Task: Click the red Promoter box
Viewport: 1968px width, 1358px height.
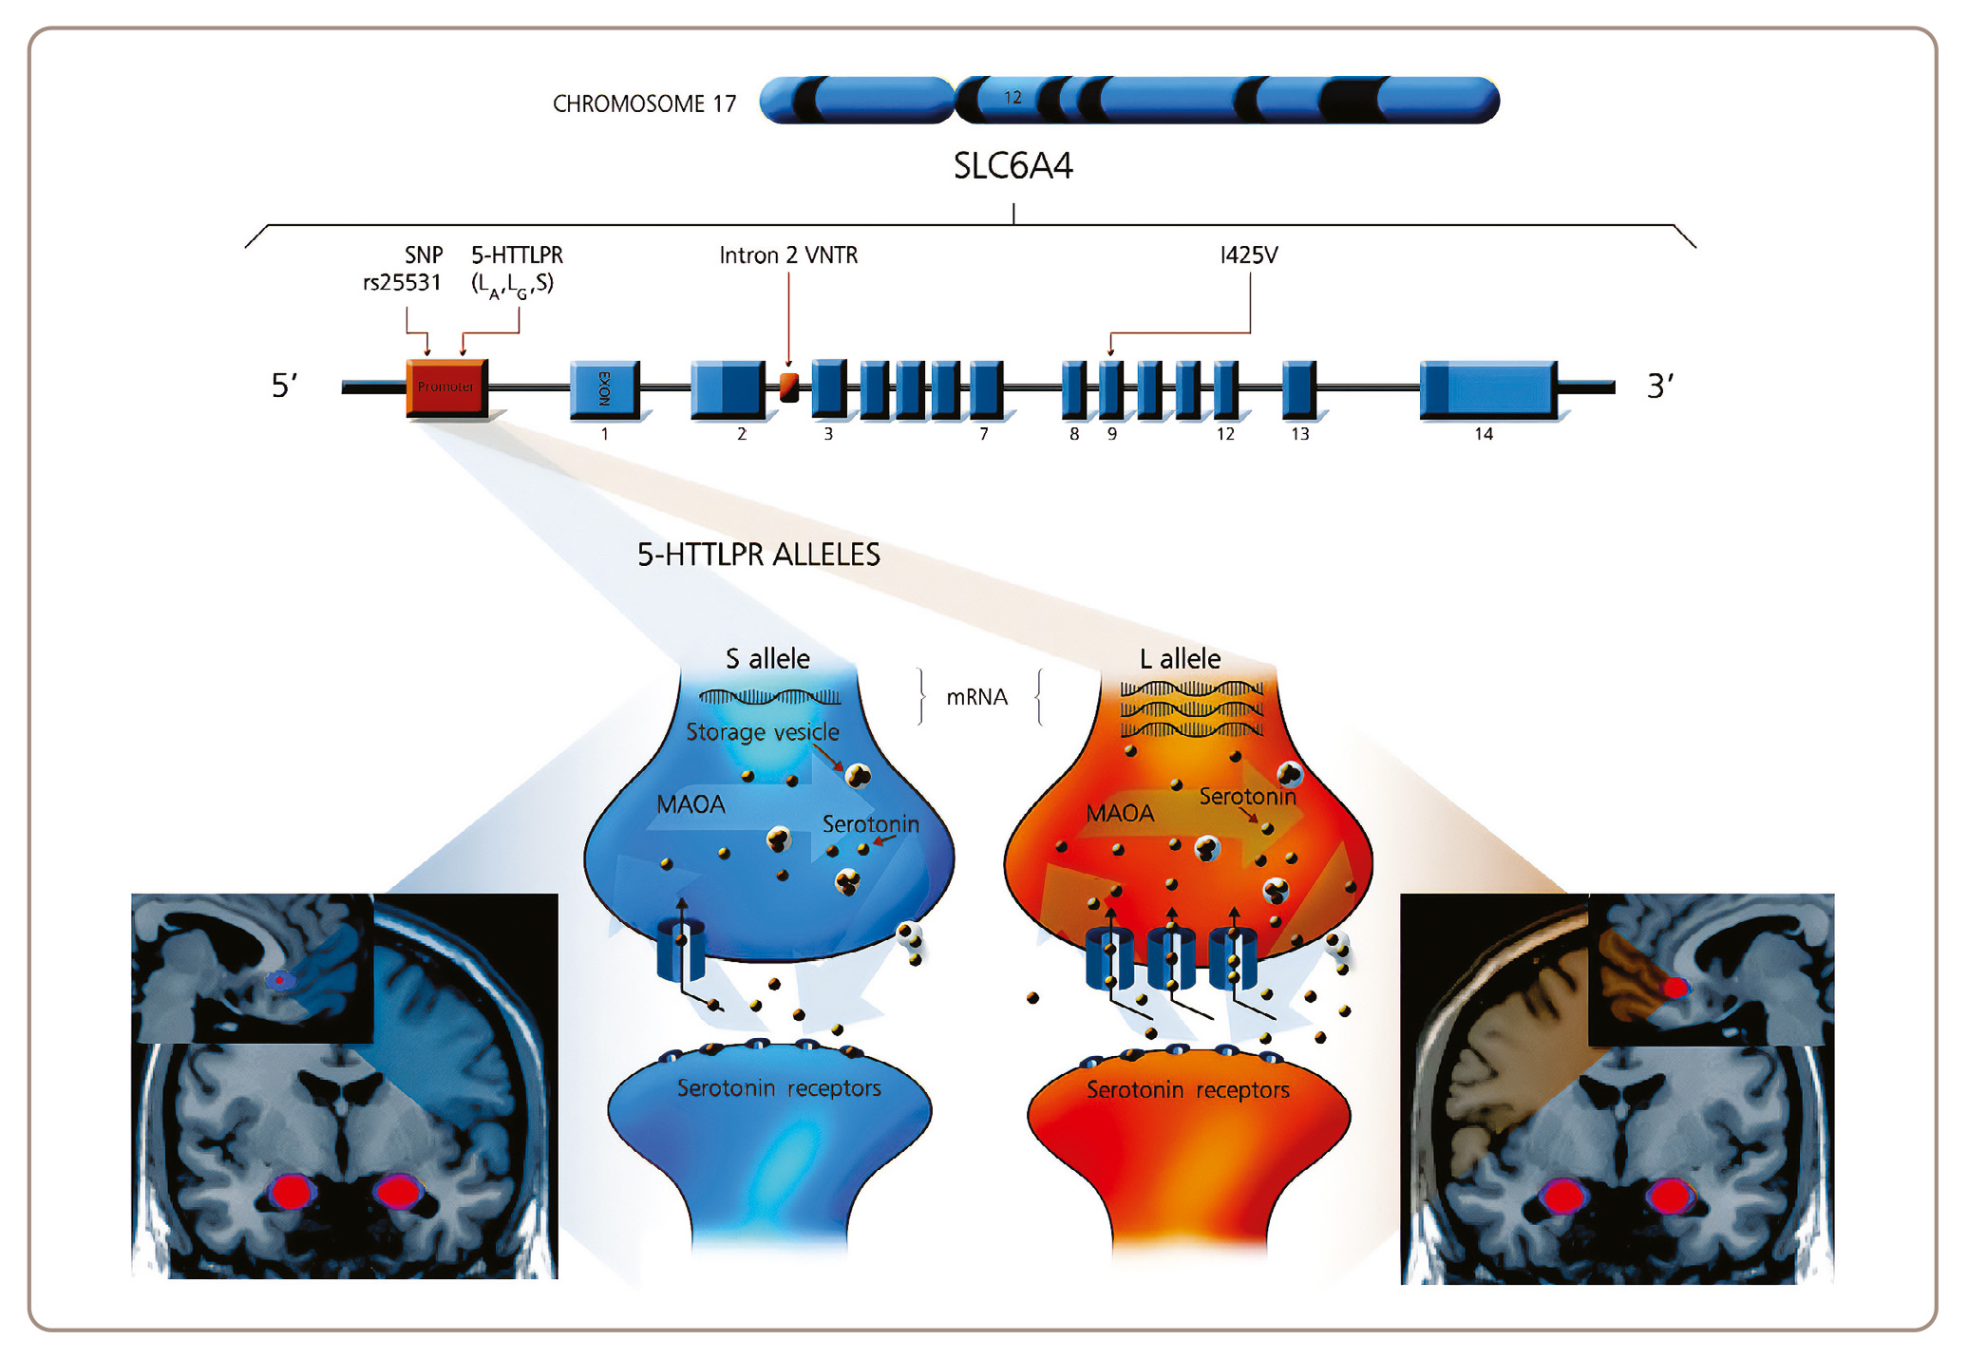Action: (x=446, y=387)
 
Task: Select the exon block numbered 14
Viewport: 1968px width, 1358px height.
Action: (x=1488, y=389)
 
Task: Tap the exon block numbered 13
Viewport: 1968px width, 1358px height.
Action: (x=1299, y=389)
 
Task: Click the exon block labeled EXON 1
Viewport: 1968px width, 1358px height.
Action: (x=605, y=389)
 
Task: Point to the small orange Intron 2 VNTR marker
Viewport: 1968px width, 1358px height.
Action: (x=789, y=387)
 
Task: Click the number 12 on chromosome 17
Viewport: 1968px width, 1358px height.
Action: (x=1012, y=98)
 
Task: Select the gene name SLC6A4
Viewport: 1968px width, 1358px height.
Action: (x=1012, y=166)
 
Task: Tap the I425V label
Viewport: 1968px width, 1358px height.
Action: (x=1249, y=255)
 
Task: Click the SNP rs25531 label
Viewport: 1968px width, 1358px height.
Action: (x=403, y=269)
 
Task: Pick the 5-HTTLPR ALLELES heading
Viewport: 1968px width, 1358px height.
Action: (x=758, y=555)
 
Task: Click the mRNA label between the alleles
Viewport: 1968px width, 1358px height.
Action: (x=976, y=697)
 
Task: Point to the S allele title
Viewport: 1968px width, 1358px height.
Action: (x=767, y=658)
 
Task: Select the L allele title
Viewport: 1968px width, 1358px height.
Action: (x=1180, y=658)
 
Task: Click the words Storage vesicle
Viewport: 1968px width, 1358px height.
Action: (x=763, y=732)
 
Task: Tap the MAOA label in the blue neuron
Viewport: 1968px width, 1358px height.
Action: (x=691, y=805)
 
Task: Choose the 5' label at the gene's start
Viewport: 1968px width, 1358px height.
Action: (x=284, y=386)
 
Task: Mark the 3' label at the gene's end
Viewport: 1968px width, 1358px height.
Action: (x=1659, y=386)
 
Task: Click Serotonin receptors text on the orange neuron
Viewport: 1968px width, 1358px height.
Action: (x=1187, y=1090)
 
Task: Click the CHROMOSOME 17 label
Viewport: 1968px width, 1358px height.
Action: (x=644, y=104)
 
